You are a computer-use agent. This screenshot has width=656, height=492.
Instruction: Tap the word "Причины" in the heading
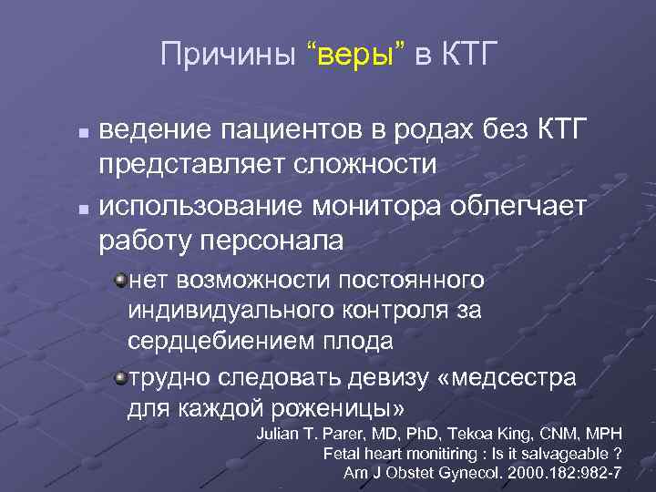[228, 56]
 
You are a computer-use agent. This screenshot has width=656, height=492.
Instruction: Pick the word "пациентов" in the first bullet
[280, 132]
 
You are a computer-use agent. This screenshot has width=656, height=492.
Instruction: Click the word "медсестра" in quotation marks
[512, 376]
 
